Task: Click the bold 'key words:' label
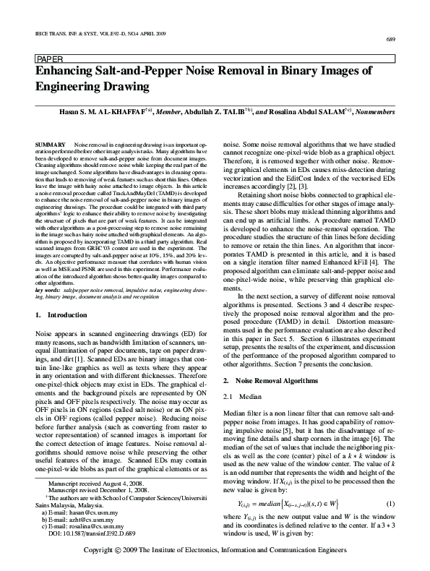click(x=49, y=288)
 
